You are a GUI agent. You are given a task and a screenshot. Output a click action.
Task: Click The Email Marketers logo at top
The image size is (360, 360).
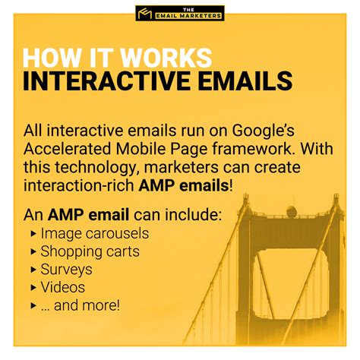click(x=179, y=13)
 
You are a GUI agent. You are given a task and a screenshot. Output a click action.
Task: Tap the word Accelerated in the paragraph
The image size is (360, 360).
click(x=73, y=148)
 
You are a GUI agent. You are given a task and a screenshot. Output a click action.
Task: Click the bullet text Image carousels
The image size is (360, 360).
click(x=94, y=234)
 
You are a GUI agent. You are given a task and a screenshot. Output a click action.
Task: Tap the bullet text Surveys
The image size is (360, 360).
click(x=66, y=270)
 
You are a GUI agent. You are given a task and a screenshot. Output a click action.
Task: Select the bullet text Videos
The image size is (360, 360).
click(x=63, y=288)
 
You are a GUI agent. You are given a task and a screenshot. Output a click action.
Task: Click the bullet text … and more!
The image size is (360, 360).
click(x=80, y=306)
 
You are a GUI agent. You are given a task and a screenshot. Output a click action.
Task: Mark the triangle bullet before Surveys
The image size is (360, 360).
click(x=33, y=270)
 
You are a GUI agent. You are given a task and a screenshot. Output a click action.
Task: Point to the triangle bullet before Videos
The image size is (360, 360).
click(x=33, y=288)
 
